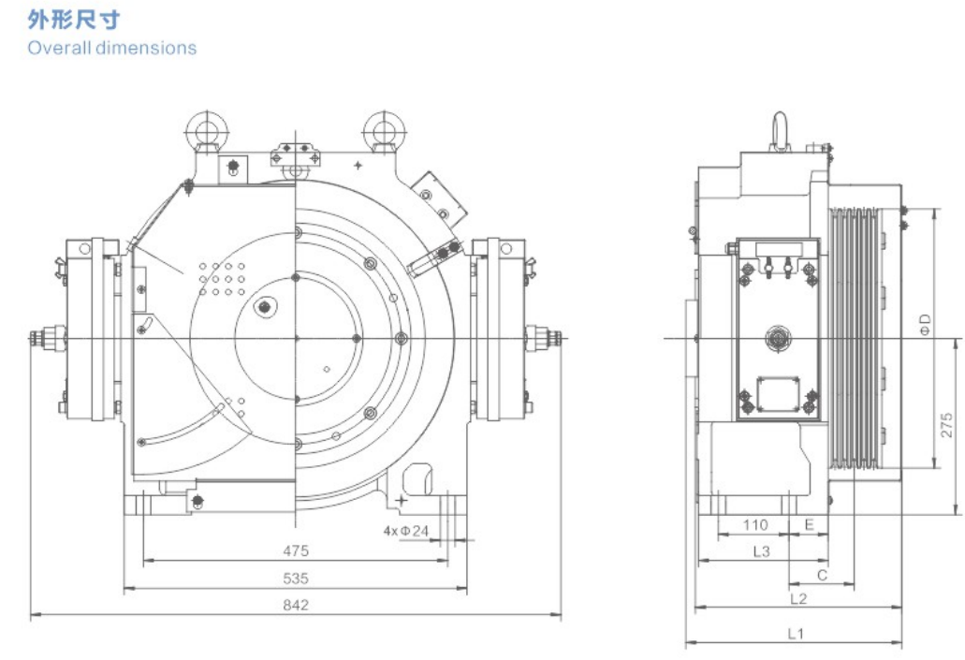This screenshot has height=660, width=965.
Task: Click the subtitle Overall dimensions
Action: pos(111,47)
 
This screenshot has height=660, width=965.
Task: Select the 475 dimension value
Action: pos(296,550)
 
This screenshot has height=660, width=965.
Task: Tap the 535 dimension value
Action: pos(296,578)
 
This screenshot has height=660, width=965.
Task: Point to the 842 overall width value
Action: pos(296,605)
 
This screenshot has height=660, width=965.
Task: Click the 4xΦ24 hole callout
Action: pos(405,531)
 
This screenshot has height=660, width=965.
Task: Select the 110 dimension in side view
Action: pos(755,525)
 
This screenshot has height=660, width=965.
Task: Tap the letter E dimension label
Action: pos(810,525)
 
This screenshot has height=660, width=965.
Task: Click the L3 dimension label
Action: pos(761,551)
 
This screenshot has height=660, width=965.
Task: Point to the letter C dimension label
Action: pos(821,574)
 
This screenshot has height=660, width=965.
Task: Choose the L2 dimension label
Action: pos(797,597)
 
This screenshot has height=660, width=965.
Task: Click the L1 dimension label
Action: pos(794,634)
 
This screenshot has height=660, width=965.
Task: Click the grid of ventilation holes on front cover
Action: pos(223,278)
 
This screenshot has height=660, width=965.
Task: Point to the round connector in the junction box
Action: pos(777,336)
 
